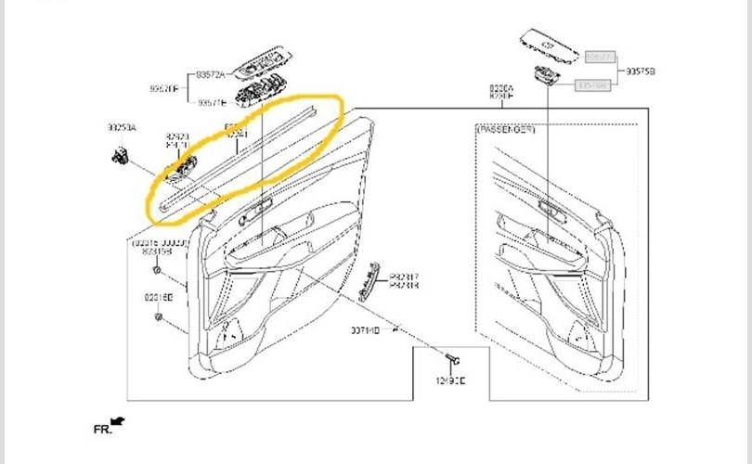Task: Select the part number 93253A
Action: pyautogui.click(x=122, y=127)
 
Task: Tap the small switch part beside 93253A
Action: pyautogui.click(x=122, y=154)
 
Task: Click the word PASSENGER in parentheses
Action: pyautogui.click(x=506, y=130)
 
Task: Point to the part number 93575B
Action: pyautogui.click(x=640, y=71)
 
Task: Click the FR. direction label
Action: pyautogui.click(x=102, y=430)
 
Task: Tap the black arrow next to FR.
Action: pyautogui.click(x=118, y=422)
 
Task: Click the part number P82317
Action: pyautogui.click(x=404, y=277)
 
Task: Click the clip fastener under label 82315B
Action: pyautogui.click(x=159, y=272)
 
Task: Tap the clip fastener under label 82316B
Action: pyautogui.click(x=159, y=316)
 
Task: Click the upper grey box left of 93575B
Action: pyautogui.click(x=600, y=57)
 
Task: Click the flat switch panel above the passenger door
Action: pyautogui.click(x=551, y=43)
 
